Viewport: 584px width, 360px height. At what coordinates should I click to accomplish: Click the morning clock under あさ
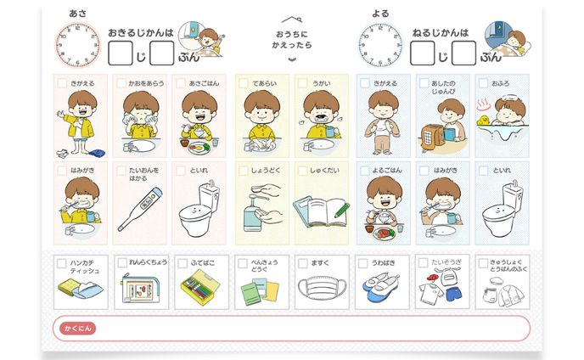tap(78, 45)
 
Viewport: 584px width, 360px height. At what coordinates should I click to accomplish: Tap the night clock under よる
tap(380, 45)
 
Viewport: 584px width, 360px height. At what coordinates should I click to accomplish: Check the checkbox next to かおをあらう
tap(121, 82)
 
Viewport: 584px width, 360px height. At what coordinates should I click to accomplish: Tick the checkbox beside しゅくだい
tap(302, 171)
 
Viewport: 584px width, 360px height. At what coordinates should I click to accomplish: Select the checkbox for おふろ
tap(483, 82)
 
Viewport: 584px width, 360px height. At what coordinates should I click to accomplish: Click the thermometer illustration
tap(140, 209)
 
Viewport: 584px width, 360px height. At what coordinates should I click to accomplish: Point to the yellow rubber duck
tap(483, 120)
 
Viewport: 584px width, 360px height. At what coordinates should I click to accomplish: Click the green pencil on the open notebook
tap(342, 210)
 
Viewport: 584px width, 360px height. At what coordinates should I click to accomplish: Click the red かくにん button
tap(77, 329)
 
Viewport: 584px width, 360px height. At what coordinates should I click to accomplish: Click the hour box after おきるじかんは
tap(121, 53)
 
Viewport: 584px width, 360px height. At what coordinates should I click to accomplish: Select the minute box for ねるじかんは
tap(463, 53)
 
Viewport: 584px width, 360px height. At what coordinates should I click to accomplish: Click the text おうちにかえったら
tap(292, 40)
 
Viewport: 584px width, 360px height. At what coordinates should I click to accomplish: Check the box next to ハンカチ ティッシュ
tap(61, 263)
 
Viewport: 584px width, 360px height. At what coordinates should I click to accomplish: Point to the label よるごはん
tap(387, 171)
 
